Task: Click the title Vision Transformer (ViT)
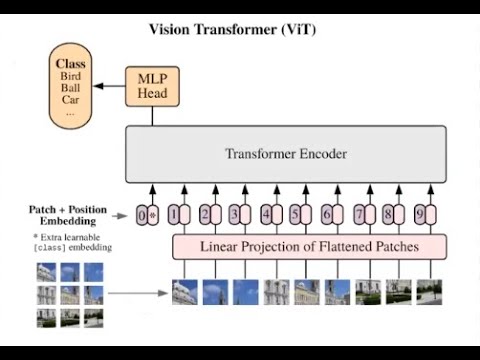[232, 29]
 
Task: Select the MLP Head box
[153, 86]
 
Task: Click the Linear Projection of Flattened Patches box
[310, 246]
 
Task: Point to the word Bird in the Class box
[71, 76]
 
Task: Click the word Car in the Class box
[71, 100]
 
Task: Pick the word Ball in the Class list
[71, 88]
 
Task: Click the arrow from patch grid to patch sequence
[137, 294]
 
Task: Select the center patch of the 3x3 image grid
[70, 295]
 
